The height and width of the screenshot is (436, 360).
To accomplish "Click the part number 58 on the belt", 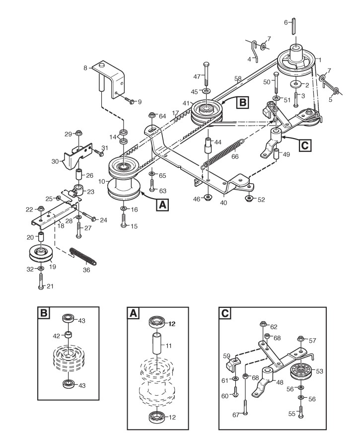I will click(238, 78).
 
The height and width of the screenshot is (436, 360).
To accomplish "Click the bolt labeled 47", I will click(206, 74).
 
